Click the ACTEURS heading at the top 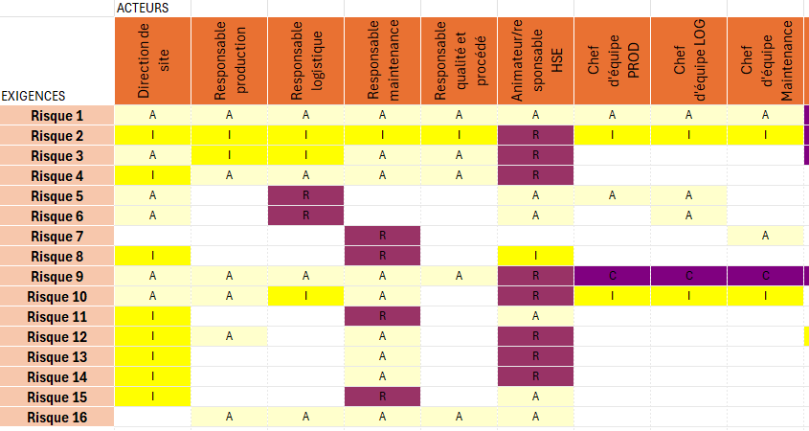pyautogui.click(x=143, y=8)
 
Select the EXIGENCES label pyautogui.click(x=34, y=96)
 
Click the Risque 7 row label pyautogui.click(x=57, y=237)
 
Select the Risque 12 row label pyautogui.click(x=57, y=337)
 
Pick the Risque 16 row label pyautogui.click(x=57, y=417)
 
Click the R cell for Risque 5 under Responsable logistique pyautogui.click(x=305, y=196)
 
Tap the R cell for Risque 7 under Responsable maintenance pyautogui.click(x=382, y=237)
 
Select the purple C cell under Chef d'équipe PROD pyautogui.click(x=612, y=277)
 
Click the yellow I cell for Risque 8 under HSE pyautogui.click(x=535, y=257)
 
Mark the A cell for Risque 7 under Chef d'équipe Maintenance pyautogui.click(x=765, y=237)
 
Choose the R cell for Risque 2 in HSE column pyautogui.click(x=535, y=136)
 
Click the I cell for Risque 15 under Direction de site pyautogui.click(x=153, y=397)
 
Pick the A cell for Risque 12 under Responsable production pyautogui.click(x=229, y=337)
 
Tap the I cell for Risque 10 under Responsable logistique pyautogui.click(x=305, y=297)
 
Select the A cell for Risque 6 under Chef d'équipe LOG pyautogui.click(x=688, y=216)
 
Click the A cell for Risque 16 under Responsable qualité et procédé pyautogui.click(x=459, y=417)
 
